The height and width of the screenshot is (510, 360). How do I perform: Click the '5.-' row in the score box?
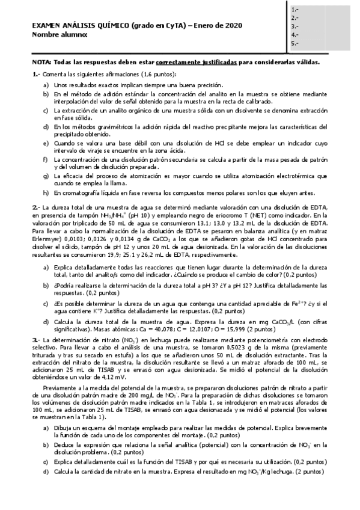pyautogui.click(x=294, y=43)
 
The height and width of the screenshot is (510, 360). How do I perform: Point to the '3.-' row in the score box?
pyautogui.click(x=294, y=26)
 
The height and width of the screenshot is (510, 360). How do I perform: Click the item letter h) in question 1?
pyautogui.click(x=46, y=193)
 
